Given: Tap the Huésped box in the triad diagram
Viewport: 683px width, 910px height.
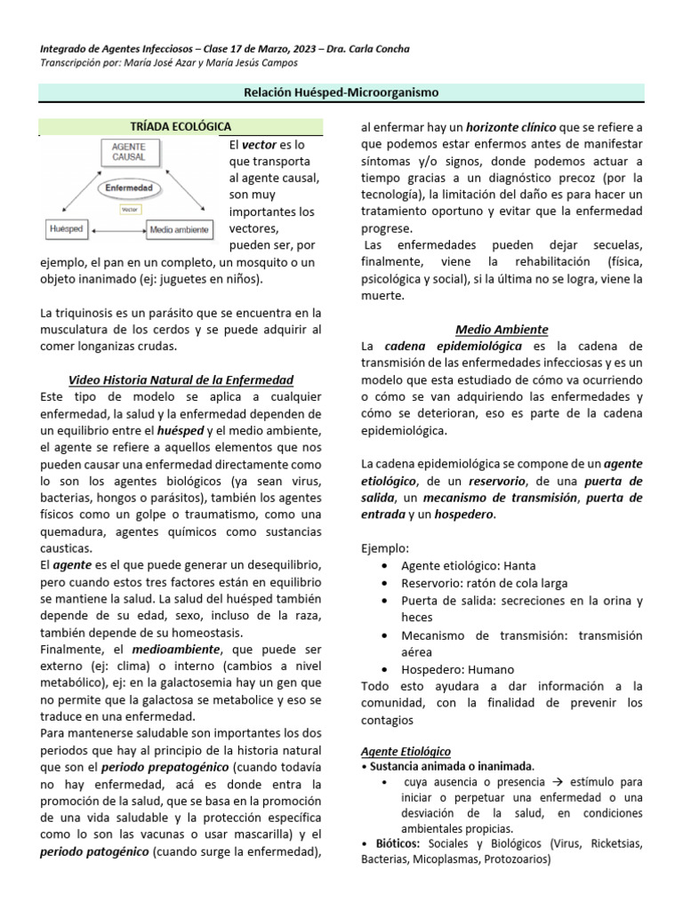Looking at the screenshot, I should tap(68, 228).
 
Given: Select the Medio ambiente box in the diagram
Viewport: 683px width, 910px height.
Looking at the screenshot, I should tap(179, 228).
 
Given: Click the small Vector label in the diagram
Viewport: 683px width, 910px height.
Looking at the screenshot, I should tap(131, 209).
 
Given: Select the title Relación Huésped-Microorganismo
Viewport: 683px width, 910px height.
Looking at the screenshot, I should tap(341, 92).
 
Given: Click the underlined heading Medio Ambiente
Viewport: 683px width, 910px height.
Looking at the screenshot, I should tap(502, 329).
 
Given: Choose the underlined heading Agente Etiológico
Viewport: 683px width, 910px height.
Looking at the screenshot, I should tap(406, 750).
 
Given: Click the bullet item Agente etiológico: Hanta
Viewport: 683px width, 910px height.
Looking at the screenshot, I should tap(468, 564).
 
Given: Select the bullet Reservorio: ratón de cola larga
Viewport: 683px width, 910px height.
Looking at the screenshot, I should tap(484, 582).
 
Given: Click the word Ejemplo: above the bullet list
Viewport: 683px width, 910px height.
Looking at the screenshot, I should tap(385, 547).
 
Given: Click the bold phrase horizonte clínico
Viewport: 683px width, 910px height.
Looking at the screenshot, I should tap(508, 127).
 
